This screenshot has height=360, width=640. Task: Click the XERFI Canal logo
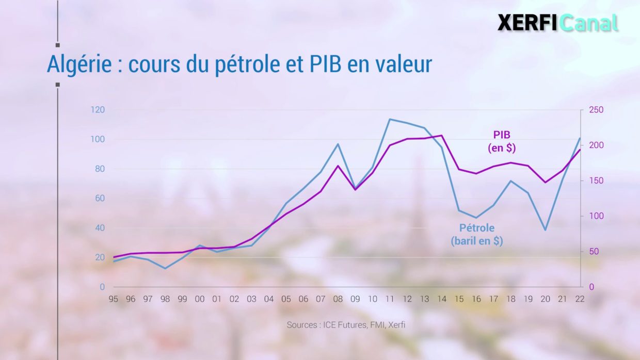pos(557,23)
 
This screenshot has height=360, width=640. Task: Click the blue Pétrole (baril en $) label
pos(476,234)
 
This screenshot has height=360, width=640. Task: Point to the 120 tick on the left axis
pos(98,110)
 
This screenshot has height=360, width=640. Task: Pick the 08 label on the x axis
pos(338,299)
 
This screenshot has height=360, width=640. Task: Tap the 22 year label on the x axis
pos(580,299)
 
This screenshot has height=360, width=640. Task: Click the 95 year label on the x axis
pos(114,299)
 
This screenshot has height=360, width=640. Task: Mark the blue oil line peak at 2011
pos(390,119)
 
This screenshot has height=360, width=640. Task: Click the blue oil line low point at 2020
pos(545,230)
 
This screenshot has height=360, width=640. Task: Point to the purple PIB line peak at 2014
pos(442,136)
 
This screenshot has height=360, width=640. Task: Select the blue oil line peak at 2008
pos(338,144)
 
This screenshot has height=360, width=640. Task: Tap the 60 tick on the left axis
pos(100,199)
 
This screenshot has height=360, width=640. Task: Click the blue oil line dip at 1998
pos(165,268)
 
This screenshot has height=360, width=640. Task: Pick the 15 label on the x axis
pos(459,299)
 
